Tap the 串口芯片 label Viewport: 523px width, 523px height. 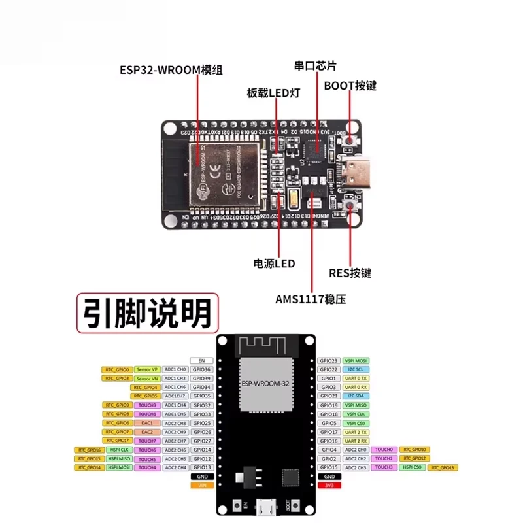(x=315, y=66)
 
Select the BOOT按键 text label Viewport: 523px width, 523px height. (x=350, y=86)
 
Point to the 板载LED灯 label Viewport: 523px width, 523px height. (x=273, y=93)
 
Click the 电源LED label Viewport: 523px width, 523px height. (x=274, y=264)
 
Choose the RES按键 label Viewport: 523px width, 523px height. (x=350, y=273)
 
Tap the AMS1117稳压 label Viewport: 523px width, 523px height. (x=310, y=300)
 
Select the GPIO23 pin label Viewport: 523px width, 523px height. (x=329, y=361)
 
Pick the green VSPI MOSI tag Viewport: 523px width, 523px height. (x=356, y=361)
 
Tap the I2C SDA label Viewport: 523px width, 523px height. (x=356, y=396)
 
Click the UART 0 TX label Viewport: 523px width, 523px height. (x=356, y=379)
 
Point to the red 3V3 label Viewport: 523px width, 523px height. (x=329, y=486)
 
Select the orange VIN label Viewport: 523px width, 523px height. (x=201, y=486)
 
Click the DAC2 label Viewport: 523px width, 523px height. (x=147, y=432)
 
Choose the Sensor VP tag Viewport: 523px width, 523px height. (x=147, y=370)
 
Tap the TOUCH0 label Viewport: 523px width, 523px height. (x=384, y=450)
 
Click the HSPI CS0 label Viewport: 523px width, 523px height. (x=411, y=468)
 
